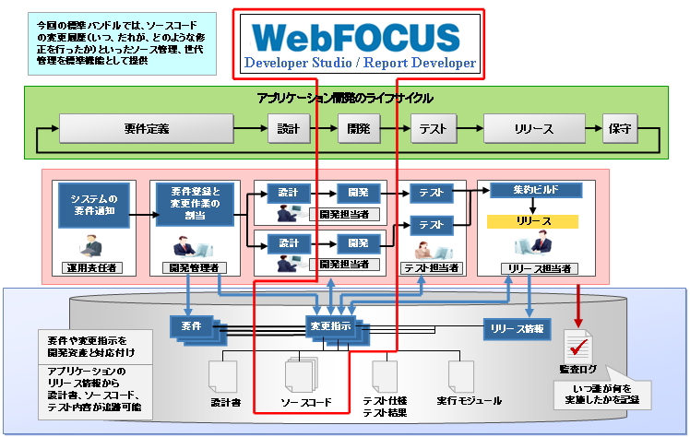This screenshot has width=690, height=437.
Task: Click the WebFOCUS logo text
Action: (x=356, y=36)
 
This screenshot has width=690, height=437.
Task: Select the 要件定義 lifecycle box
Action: (x=147, y=129)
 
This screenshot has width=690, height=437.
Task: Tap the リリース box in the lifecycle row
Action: (x=534, y=129)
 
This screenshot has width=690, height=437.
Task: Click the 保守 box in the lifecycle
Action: (x=619, y=129)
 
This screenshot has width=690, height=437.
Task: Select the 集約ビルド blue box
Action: (x=536, y=191)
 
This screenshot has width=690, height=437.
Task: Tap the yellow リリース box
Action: (x=533, y=222)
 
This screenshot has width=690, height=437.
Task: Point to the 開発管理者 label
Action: (x=194, y=267)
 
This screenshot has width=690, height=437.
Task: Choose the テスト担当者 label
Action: (x=432, y=267)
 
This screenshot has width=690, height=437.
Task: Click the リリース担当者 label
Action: (x=535, y=267)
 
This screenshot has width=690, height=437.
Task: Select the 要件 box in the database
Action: (x=192, y=325)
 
